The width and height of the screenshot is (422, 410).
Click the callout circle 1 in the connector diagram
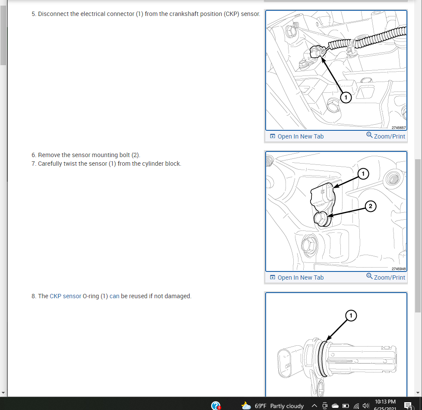[x=346, y=98]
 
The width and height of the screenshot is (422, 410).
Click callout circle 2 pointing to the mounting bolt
[x=371, y=206]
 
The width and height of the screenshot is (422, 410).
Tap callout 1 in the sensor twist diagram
[x=363, y=173]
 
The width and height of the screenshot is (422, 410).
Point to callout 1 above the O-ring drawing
[x=351, y=315]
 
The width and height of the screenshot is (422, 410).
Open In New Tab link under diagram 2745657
[x=297, y=136]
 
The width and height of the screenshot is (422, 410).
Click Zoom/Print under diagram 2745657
[x=386, y=136]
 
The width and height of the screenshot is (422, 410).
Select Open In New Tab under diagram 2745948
[x=297, y=278]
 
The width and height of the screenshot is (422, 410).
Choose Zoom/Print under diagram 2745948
[x=386, y=277]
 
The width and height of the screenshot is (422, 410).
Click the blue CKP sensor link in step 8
[x=65, y=296]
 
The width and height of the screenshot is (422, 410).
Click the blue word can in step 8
[x=114, y=296]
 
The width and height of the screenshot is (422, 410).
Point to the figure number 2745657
[x=399, y=128]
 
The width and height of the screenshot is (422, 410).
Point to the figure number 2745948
[x=399, y=269]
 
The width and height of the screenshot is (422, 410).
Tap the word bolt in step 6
[x=124, y=155]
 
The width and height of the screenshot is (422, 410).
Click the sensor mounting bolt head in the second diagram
[x=321, y=218]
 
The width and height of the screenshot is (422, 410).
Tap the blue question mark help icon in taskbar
[x=216, y=405]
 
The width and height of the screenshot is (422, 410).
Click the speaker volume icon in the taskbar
[x=366, y=406]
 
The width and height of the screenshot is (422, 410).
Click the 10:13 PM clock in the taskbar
[x=385, y=402]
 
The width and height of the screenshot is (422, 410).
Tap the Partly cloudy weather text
[x=287, y=406]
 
